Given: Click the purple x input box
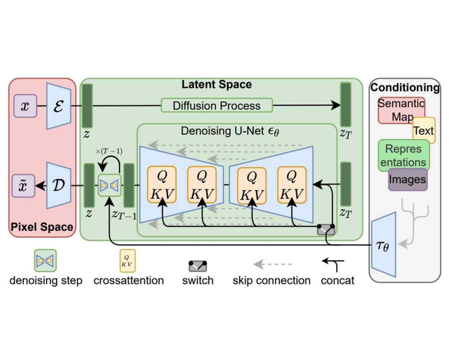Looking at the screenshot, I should point(25,106).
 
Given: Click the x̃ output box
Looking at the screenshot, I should point(25,187).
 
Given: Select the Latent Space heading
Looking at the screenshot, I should point(216,85).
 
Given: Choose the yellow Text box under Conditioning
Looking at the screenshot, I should point(423,131).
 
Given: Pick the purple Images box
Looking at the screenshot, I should point(408,180).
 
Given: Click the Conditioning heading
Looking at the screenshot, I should point(405,88).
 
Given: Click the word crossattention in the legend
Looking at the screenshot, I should point(128,280).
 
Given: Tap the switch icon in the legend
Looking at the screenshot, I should point(197,265).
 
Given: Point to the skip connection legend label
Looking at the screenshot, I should point(272,280).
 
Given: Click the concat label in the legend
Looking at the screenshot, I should point(337,280).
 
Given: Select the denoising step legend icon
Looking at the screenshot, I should point(46,260).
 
